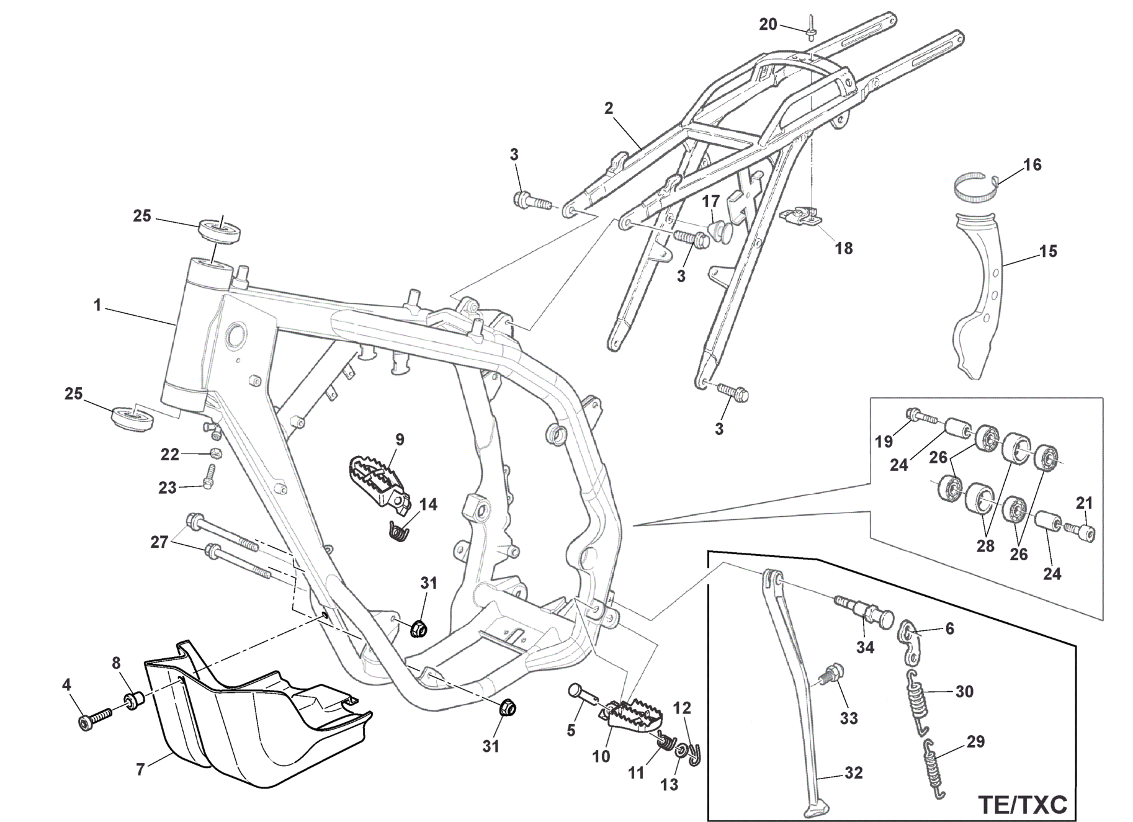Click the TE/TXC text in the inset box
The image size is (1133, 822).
tap(1023, 804)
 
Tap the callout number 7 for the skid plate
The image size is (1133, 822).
tap(140, 770)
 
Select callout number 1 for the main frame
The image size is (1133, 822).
tap(97, 305)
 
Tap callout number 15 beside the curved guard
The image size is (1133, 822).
tap(1048, 251)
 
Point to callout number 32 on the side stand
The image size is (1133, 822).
tap(854, 773)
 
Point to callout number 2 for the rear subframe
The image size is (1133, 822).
tap(608, 108)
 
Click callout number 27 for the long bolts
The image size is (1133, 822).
tap(159, 542)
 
